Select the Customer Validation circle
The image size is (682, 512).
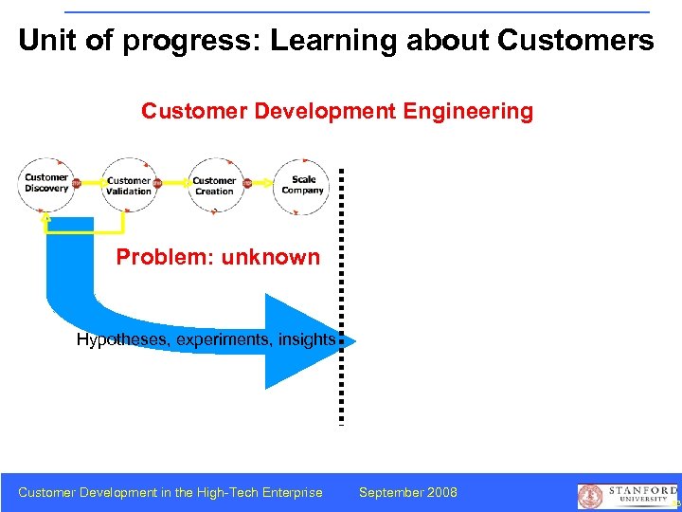[x=128, y=186]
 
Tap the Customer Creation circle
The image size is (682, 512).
[x=214, y=186]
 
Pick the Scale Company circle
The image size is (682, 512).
[x=302, y=185]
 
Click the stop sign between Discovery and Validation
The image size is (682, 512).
[x=76, y=183]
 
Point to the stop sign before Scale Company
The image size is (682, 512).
[x=248, y=183]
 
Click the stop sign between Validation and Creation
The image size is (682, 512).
[x=157, y=183]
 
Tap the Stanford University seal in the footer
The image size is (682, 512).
[x=590, y=496]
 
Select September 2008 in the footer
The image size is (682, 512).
[x=408, y=492]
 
